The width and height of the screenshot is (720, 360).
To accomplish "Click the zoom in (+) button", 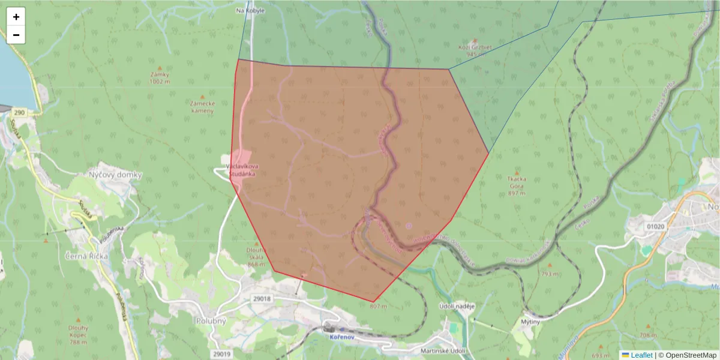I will click(x=16, y=17).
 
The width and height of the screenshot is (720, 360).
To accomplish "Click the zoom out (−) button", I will click(x=16, y=35).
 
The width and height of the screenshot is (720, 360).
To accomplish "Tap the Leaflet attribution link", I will click(x=641, y=355).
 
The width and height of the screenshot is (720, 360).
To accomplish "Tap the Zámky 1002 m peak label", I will click(x=160, y=77).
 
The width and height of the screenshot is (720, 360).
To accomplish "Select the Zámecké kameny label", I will click(x=202, y=107).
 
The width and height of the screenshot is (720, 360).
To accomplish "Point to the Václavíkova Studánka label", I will click(x=241, y=169).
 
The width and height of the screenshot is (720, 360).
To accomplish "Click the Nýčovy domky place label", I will click(x=115, y=175).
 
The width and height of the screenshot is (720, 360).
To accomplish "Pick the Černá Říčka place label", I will click(x=86, y=256).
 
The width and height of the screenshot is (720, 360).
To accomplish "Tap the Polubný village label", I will click(x=211, y=320).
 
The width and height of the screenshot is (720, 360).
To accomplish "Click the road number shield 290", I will click(x=20, y=112).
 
